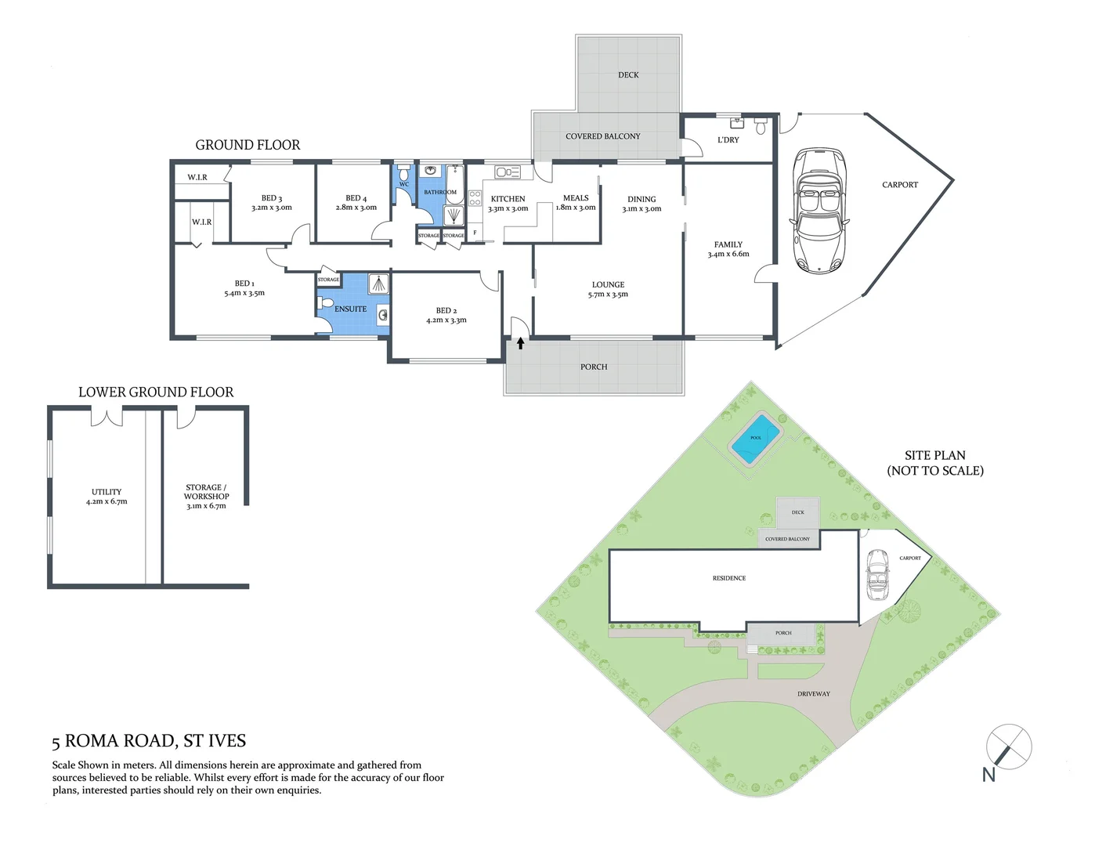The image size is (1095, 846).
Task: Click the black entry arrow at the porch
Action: coord(520,343)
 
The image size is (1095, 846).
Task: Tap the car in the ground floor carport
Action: coord(819,210)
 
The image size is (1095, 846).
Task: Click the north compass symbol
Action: coord(1008,747)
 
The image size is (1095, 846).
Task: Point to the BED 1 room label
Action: coord(244,288)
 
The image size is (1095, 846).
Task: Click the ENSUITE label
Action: coord(350,309)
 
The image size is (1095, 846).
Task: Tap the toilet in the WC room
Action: coord(403,172)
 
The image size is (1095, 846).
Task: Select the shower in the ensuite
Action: coord(378,284)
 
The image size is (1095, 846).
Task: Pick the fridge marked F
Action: coord(475,233)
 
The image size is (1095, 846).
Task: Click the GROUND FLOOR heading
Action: coord(248,145)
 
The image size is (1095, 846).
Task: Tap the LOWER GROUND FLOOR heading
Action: coord(156,392)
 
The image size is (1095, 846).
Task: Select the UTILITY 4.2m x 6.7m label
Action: coord(107,497)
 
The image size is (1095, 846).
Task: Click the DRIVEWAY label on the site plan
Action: coord(813,694)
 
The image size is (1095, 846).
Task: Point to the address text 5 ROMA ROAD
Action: coord(149,741)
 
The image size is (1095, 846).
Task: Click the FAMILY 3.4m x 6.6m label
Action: coord(728,249)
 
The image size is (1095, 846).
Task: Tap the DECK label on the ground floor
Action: coord(628,75)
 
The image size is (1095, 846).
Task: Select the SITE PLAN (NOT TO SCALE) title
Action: coord(934,463)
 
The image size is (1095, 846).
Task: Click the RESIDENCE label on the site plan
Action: coord(728,578)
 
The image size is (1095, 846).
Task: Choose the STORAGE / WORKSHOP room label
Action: coord(206,496)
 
